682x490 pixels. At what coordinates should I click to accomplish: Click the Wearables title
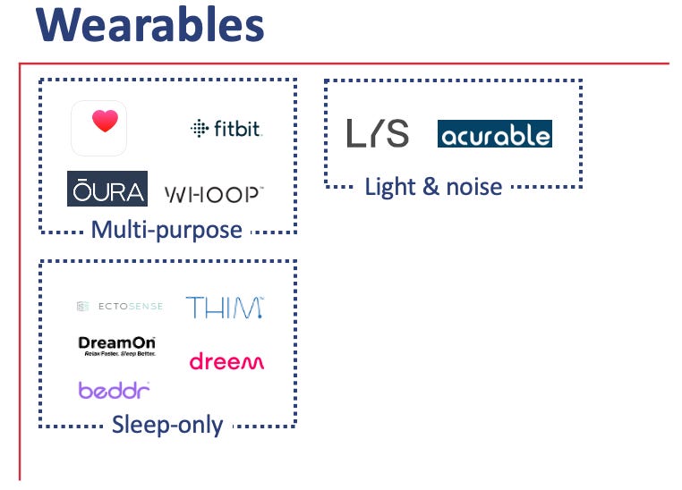[x=150, y=26]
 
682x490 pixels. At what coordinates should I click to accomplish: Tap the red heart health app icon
[x=98, y=128]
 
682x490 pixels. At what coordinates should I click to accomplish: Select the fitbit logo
[x=226, y=129]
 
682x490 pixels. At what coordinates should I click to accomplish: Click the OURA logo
[x=107, y=189]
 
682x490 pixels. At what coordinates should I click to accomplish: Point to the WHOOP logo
[x=215, y=193]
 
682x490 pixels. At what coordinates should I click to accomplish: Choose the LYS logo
[x=378, y=133]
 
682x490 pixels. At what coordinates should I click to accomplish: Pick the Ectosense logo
[x=120, y=307]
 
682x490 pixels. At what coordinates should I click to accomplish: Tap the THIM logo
[x=225, y=307]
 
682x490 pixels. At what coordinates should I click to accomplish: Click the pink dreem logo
[x=226, y=361]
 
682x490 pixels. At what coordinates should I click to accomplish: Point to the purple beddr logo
[x=114, y=390]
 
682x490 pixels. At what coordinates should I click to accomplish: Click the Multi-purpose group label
[x=166, y=230]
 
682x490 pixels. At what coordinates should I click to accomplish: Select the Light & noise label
[x=433, y=187]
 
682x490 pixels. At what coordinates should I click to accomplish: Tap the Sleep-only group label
[x=167, y=425]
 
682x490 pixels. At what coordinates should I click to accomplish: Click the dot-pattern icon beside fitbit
[x=199, y=129]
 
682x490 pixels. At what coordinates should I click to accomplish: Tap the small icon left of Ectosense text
[x=82, y=307]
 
